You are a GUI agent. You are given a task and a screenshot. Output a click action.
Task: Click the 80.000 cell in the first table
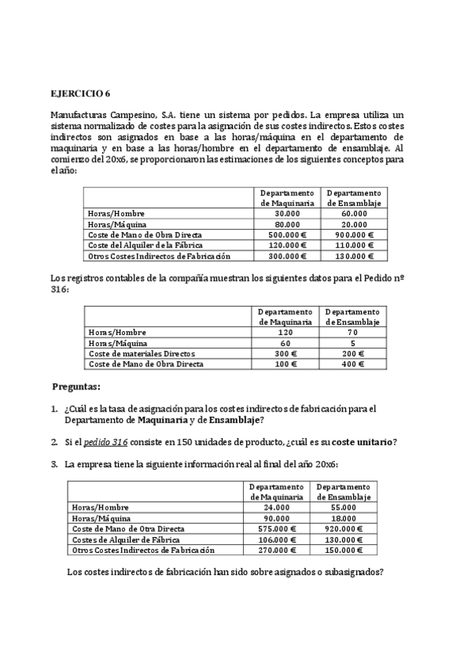tap(287, 224)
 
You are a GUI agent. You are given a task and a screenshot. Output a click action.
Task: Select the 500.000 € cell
tap(287, 234)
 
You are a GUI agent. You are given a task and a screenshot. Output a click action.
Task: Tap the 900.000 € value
tap(354, 234)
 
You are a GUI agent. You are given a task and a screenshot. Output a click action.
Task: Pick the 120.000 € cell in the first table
tap(287, 245)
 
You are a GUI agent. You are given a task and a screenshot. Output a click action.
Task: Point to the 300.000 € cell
tap(287, 256)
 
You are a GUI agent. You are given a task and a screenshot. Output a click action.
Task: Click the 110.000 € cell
tap(354, 245)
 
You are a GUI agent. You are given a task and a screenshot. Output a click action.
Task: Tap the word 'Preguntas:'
tap(76, 388)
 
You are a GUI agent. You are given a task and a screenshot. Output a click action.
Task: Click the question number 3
tap(53, 464)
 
